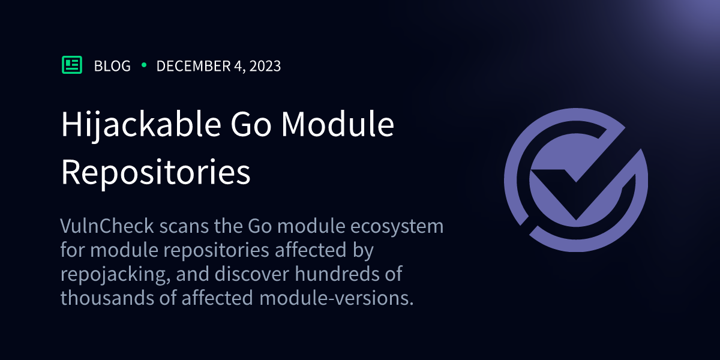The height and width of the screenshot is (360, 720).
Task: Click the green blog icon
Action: coord(72,65)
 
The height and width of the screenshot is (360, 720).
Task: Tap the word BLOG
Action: coord(112,66)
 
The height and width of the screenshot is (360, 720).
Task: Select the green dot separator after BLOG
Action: coord(144,65)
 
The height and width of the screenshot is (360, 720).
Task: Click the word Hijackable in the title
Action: coord(136,125)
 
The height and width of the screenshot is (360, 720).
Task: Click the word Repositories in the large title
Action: coord(156,172)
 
